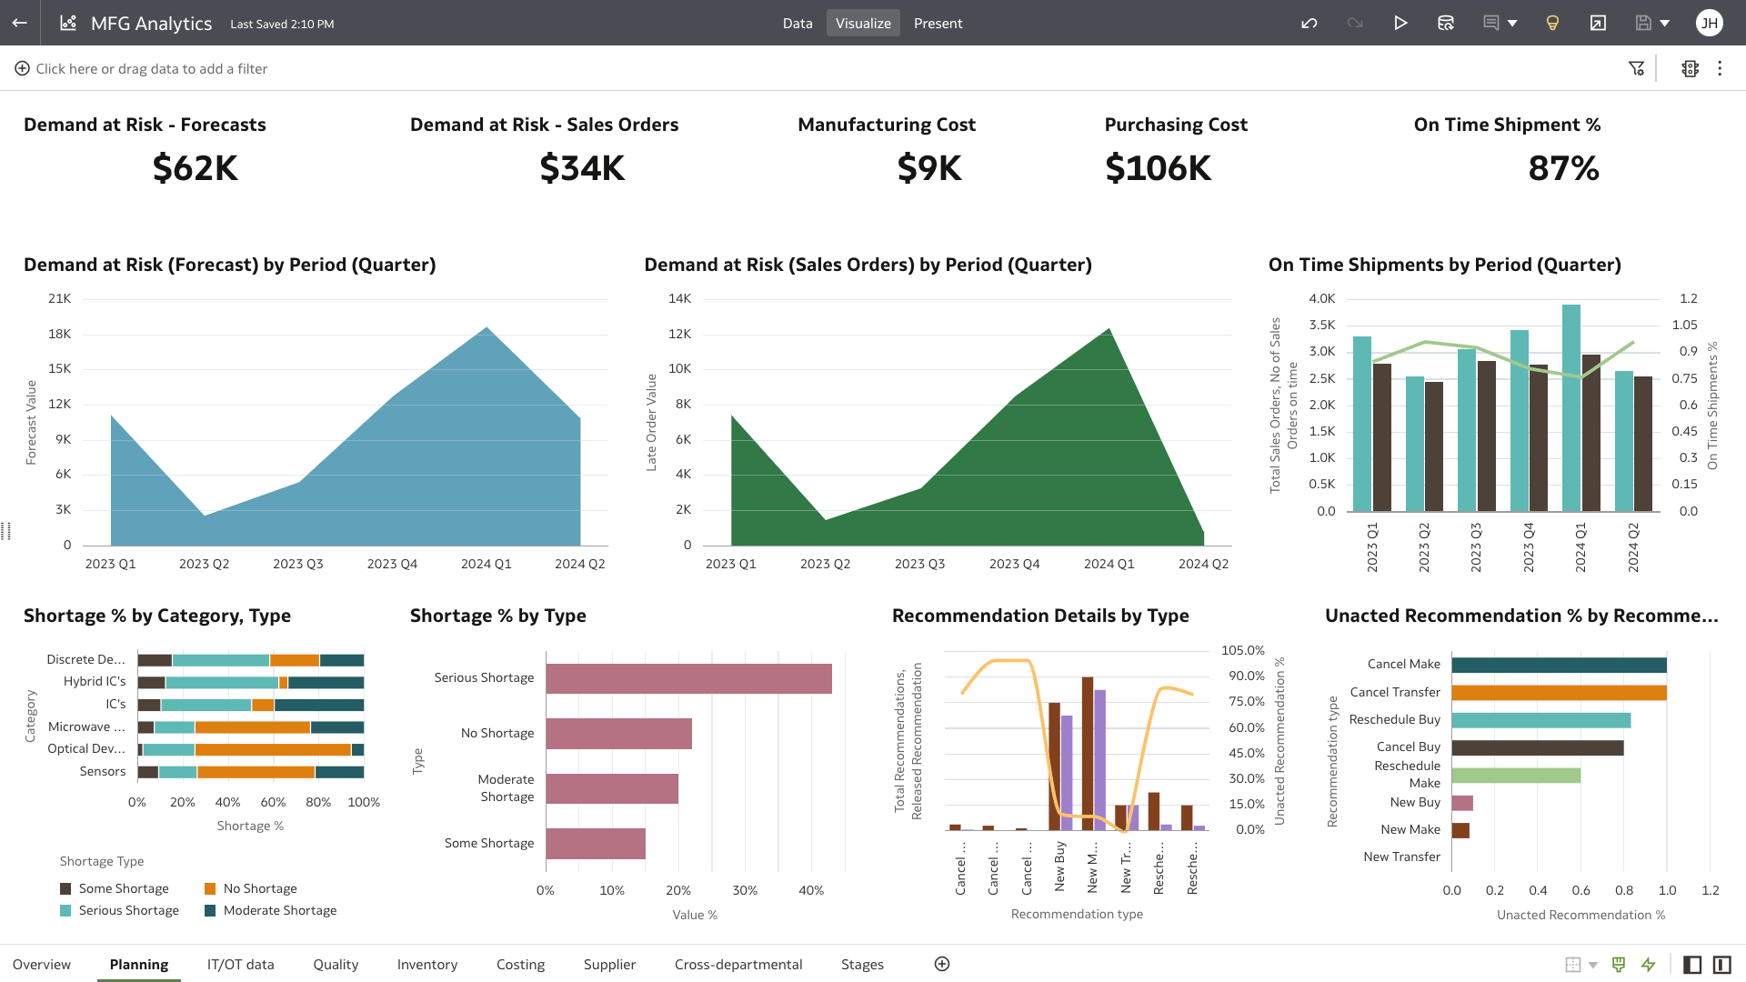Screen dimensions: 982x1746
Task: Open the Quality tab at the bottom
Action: pyautogui.click(x=336, y=964)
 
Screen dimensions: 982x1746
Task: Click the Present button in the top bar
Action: pyautogui.click(x=938, y=24)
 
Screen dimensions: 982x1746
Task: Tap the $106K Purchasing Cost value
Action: pyautogui.click(x=1158, y=168)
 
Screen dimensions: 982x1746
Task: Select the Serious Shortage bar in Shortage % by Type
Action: pyautogui.click(x=688, y=678)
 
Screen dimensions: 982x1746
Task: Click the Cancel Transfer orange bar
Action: pyautogui.click(x=1559, y=693)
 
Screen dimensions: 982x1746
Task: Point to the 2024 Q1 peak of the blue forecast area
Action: pyautogui.click(x=487, y=329)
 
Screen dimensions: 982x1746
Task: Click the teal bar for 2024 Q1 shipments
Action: pyautogui.click(x=1570, y=409)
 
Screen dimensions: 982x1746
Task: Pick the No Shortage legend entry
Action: pyautogui.click(x=259, y=888)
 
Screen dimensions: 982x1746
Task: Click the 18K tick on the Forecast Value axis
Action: pyautogui.click(x=60, y=334)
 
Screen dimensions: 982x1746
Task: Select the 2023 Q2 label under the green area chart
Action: pyautogui.click(x=825, y=564)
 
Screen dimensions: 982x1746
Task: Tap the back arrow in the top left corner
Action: pyautogui.click(x=20, y=23)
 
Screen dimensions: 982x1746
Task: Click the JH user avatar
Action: pyautogui.click(x=1709, y=23)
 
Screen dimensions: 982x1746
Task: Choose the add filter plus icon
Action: pyautogui.click(x=22, y=68)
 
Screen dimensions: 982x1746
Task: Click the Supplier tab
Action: pyautogui.click(x=609, y=964)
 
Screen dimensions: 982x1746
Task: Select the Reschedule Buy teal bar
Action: pyautogui.click(x=1540, y=720)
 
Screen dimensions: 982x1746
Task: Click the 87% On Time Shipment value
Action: pyautogui.click(x=1563, y=168)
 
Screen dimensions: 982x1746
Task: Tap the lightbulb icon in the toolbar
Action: pyautogui.click(x=1552, y=23)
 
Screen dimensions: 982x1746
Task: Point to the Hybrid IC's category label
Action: pyautogui.click(x=95, y=681)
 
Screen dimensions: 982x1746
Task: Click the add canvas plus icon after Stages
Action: pyautogui.click(x=942, y=964)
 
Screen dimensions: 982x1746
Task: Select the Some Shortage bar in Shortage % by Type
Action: pyautogui.click(x=595, y=844)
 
